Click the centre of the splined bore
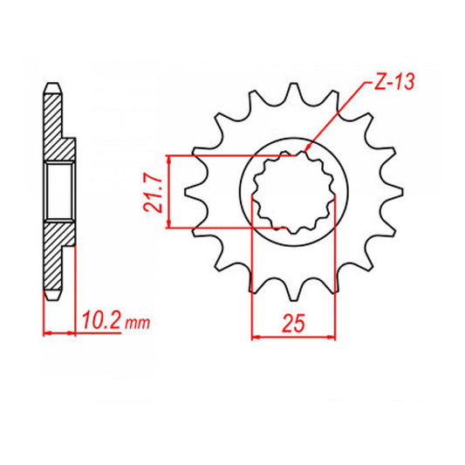pos(294,192)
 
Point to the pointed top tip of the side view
pos(53,85)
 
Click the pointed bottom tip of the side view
pos(53,297)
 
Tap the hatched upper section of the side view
pos(55,127)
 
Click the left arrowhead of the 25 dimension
pos(256,335)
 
